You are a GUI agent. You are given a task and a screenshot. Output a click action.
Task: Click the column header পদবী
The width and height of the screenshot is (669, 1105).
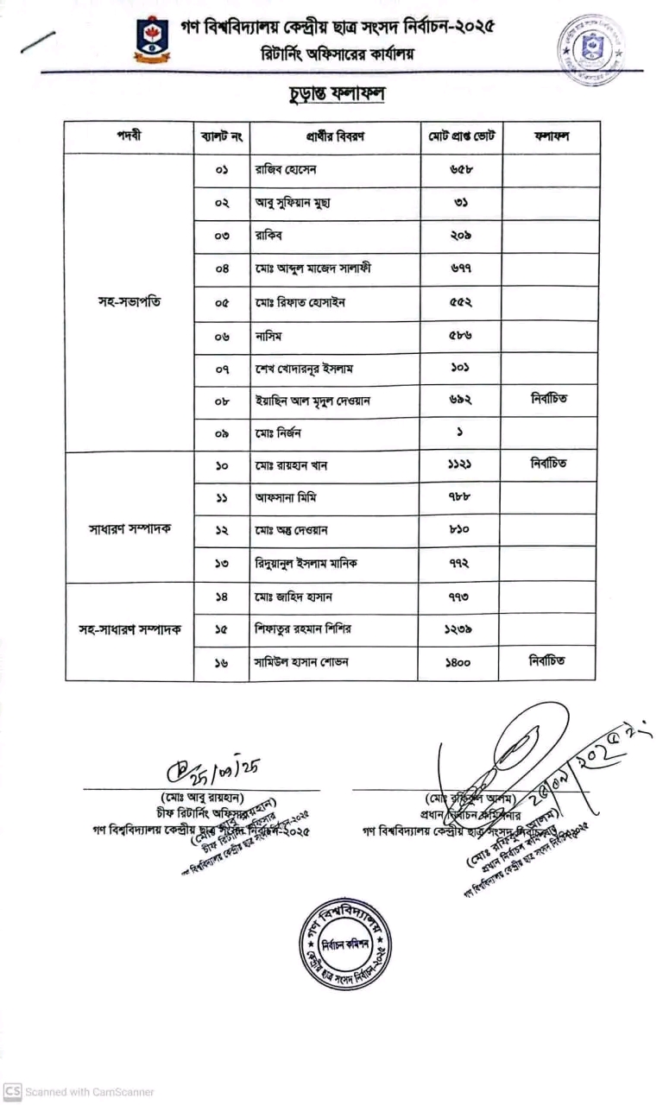click(x=129, y=137)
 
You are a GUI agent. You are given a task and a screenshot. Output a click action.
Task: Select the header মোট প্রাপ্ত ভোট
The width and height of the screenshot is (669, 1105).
click(x=461, y=137)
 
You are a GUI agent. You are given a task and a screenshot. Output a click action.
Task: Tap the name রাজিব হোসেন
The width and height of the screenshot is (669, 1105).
click(x=286, y=170)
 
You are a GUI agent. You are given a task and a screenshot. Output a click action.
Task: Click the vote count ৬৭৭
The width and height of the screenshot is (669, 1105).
click(x=461, y=269)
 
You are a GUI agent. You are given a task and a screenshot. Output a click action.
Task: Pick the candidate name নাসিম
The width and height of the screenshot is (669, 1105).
click(x=268, y=335)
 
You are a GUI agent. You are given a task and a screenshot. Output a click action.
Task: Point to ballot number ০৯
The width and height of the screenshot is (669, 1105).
click(x=222, y=433)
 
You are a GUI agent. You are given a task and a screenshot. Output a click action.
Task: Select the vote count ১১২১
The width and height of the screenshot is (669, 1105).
click(x=461, y=465)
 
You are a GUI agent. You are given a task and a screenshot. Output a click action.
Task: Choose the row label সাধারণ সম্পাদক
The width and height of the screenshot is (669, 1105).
click(x=129, y=528)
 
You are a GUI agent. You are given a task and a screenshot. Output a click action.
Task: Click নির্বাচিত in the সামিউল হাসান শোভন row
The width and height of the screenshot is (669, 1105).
click(x=549, y=661)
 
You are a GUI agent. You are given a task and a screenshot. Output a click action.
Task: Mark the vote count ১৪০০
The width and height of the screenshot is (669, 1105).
click(x=461, y=662)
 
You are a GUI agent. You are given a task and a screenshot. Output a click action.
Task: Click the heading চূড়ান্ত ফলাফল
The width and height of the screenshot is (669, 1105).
click(x=333, y=93)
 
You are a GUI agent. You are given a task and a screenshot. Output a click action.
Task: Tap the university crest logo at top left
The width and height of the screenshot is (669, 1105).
click(x=152, y=38)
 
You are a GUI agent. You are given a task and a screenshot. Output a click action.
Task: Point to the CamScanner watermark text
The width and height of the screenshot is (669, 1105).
click(x=78, y=1092)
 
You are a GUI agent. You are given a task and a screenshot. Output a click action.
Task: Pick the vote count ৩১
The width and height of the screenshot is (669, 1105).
click(x=461, y=203)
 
